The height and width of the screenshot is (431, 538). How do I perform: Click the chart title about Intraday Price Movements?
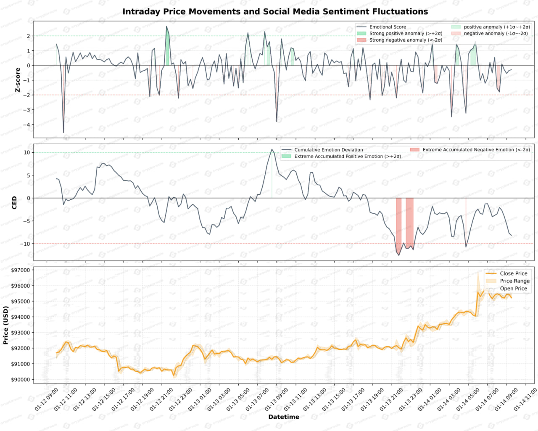coord(275,12)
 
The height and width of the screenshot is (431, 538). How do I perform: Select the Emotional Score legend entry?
coord(388,27)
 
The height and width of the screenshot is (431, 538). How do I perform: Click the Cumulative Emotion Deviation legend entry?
coord(328,150)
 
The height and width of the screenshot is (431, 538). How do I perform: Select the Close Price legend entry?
coord(513,273)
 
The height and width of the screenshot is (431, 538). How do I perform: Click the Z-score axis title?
coord(18,80)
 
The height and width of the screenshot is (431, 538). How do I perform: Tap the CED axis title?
coord(15,202)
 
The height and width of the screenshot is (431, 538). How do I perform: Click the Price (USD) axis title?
coord(6,325)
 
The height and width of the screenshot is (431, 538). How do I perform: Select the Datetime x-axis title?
coord(284,417)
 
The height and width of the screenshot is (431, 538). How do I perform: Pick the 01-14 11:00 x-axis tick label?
coord(525,399)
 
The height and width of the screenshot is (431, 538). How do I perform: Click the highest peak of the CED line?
coord(272,149)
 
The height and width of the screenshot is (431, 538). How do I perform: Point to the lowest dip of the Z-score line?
coord(63,133)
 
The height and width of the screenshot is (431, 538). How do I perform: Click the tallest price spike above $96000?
coord(478,273)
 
